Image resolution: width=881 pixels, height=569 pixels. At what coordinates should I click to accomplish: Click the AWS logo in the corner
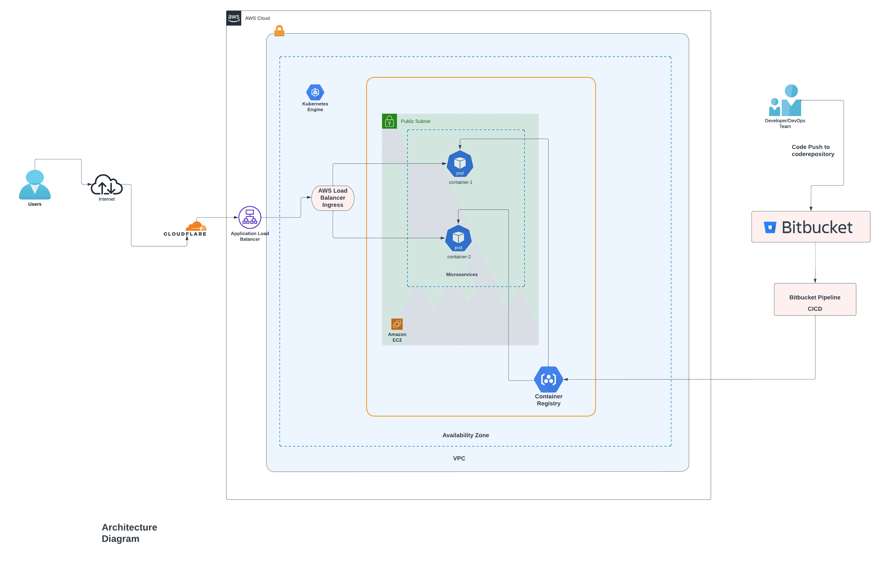233,18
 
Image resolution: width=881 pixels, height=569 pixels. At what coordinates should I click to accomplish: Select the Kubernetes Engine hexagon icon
315,92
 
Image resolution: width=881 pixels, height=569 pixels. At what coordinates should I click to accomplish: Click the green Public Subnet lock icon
389,121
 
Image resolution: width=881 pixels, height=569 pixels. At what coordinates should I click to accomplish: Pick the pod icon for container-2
458,238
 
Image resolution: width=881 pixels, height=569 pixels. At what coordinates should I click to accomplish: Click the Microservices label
462,275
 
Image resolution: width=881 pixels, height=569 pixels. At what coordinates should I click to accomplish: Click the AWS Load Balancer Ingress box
332,198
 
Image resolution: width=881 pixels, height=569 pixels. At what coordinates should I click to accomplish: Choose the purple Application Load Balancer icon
250,217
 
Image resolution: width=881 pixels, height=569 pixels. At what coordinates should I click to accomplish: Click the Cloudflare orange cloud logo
196,226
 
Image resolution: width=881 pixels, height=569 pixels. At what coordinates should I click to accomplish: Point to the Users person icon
35,185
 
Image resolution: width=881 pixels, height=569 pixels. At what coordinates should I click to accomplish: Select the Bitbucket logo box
810,227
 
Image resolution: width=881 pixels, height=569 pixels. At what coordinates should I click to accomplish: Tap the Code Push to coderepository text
812,150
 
